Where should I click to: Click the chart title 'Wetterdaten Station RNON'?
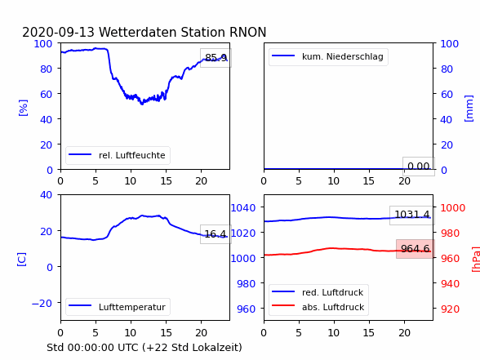(183, 32)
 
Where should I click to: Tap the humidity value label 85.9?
(216, 57)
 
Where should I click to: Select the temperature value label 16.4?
(216, 234)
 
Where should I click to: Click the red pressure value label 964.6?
(415, 248)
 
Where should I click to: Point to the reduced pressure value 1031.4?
(412, 214)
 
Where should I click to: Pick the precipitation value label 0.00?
(419, 167)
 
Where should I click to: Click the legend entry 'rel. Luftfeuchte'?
(132, 155)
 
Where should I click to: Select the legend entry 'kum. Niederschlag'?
(343, 56)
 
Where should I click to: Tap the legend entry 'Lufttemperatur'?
(132, 307)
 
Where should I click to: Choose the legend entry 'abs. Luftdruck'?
(333, 307)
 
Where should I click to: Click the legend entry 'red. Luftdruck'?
(333, 292)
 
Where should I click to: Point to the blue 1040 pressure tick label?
(243, 208)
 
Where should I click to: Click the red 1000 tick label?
(453, 208)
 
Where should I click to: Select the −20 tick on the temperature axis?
(42, 303)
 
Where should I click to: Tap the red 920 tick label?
(450, 309)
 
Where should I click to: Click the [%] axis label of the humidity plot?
(23, 108)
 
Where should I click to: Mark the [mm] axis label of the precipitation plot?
(469, 109)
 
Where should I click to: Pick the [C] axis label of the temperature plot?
(22, 260)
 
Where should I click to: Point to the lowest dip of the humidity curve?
(142, 104)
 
